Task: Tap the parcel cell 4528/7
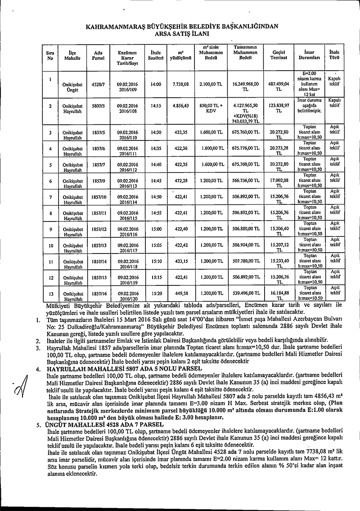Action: (x=98, y=84)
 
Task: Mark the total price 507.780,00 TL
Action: (x=245, y=261)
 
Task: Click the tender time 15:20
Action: (x=156, y=293)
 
